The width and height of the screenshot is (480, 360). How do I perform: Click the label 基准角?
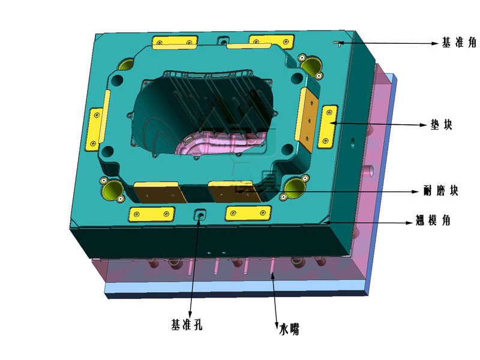click(458, 42)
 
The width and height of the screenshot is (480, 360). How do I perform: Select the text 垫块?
click(442, 125)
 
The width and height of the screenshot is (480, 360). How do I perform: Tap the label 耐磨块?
click(441, 191)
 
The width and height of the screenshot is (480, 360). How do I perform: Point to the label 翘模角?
click(433, 220)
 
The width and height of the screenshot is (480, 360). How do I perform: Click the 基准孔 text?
click(187, 325)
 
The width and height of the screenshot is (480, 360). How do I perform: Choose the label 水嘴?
click(289, 329)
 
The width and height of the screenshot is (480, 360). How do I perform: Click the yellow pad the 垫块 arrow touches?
click(327, 127)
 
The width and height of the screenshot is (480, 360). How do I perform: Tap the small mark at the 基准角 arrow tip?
click(338, 43)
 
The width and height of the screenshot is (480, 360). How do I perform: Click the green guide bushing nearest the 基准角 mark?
click(311, 66)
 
